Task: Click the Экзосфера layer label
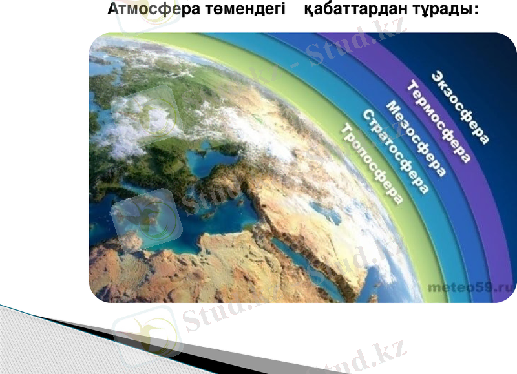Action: [x=461, y=107]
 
